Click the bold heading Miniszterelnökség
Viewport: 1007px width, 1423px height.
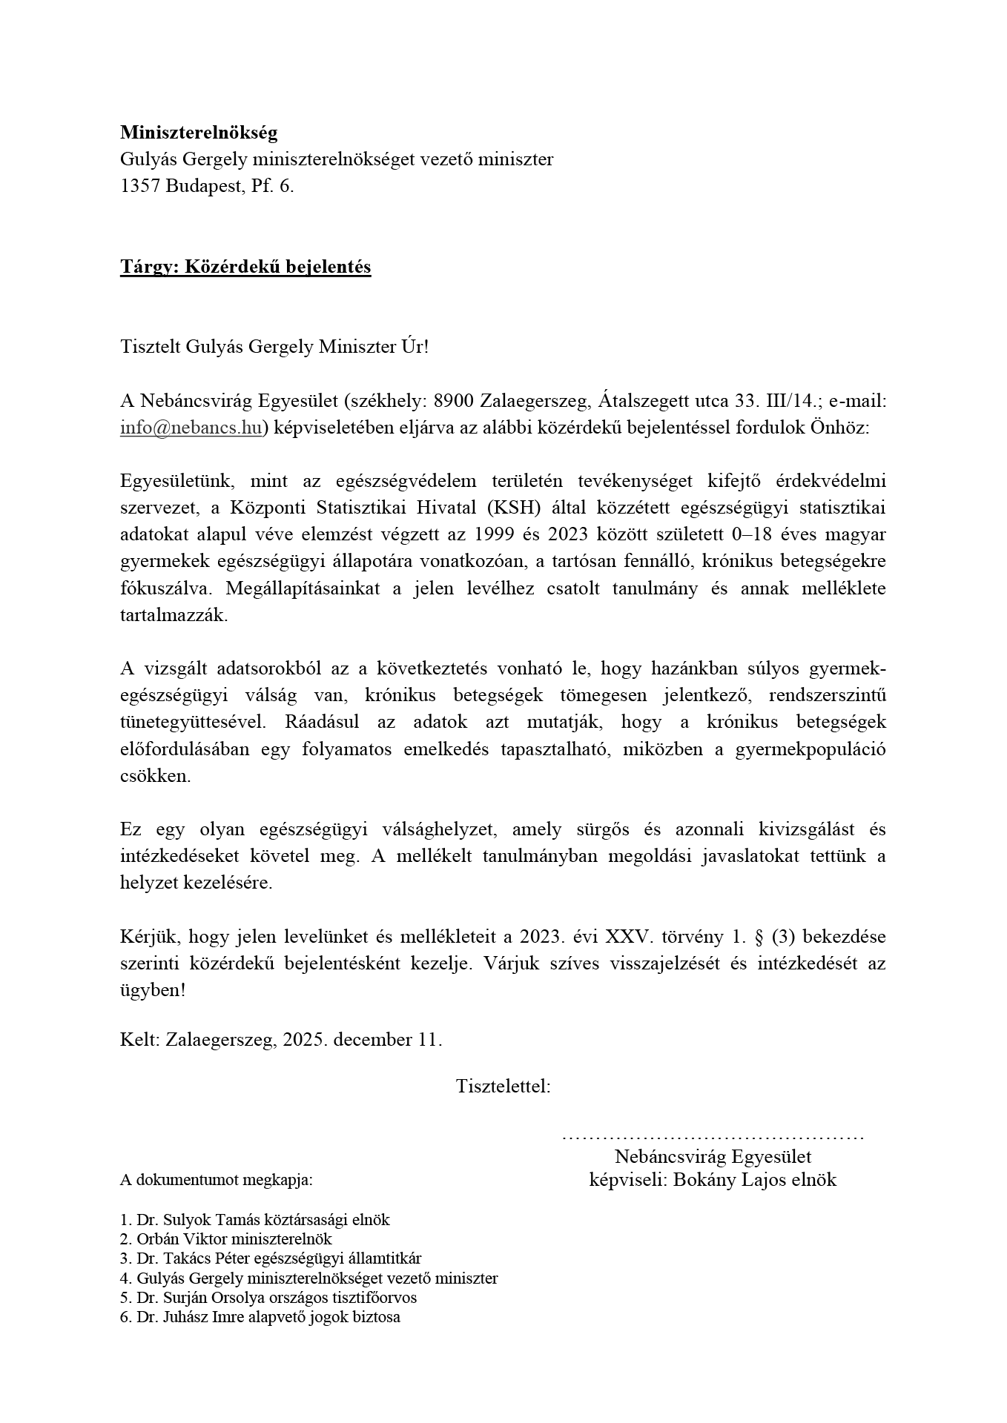pos(198,133)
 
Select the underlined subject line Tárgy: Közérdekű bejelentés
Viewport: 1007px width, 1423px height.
pos(245,267)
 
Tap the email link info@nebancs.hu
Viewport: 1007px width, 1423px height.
pos(191,428)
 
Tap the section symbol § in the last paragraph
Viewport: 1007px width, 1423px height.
pos(758,937)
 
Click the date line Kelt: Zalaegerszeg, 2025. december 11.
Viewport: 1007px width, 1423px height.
pos(281,1039)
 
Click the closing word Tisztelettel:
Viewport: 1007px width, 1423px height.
pos(503,1087)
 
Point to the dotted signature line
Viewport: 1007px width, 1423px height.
pos(713,1136)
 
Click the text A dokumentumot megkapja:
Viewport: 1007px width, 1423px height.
pos(217,1181)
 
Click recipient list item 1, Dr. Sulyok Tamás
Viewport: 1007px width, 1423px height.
pos(254,1220)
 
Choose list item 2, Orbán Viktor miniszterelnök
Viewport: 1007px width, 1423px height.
pos(225,1239)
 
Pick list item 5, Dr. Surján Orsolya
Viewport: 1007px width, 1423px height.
pos(268,1298)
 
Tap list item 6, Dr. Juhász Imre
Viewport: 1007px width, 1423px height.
pos(260,1317)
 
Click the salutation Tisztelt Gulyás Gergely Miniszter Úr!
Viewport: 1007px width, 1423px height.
pos(274,348)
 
